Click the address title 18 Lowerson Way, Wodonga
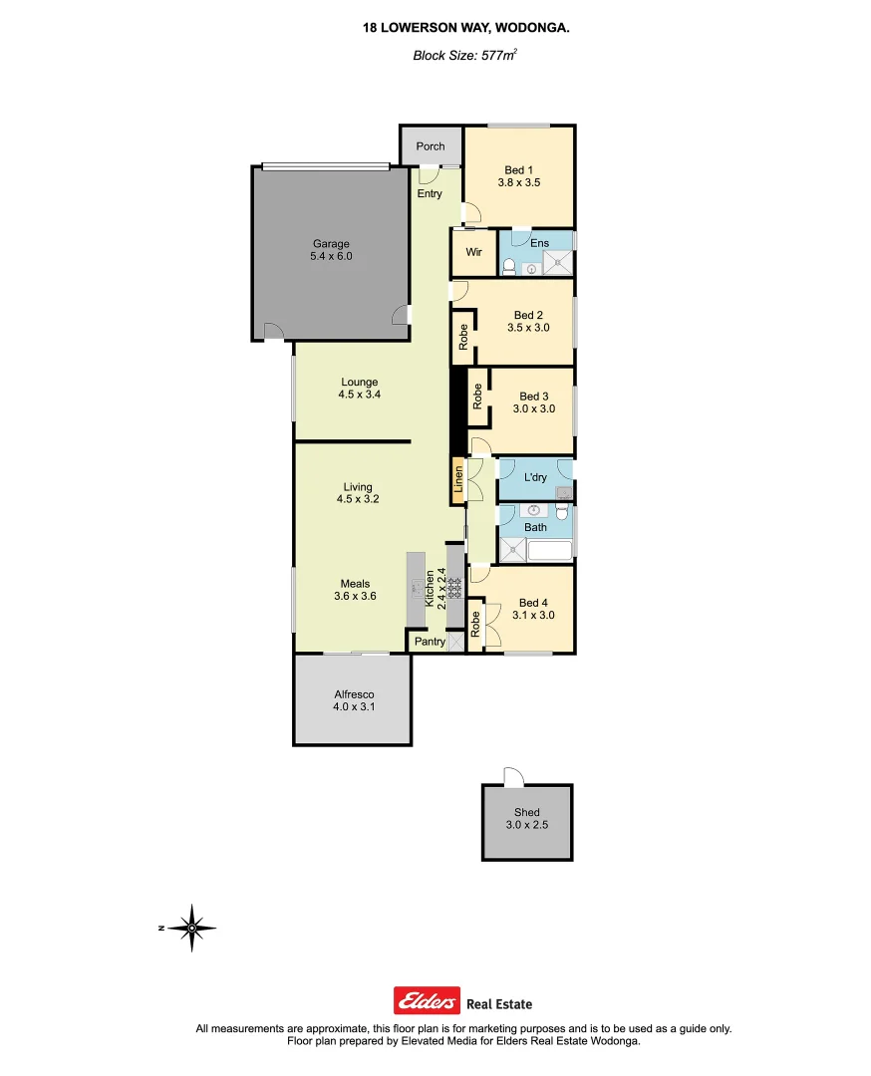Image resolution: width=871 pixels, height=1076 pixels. (x=466, y=30)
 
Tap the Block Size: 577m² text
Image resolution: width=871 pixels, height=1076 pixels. (x=464, y=56)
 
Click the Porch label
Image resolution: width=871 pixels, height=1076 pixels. (x=431, y=146)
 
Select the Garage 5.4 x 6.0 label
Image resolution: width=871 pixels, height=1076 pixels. (x=332, y=250)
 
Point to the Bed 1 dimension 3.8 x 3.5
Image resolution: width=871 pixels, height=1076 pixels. (x=518, y=183)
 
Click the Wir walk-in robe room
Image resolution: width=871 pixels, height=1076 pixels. (x=473, y=252)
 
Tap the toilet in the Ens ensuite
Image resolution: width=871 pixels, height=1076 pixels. (x=509, y=266)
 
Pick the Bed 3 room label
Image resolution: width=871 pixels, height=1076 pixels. (x=534, y=397)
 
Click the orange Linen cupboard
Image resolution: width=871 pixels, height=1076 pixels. (x=458, y=482)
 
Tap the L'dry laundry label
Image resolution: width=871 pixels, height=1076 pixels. (x=535, y=478)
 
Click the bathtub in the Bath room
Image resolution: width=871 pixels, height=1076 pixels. (x=550, y=550)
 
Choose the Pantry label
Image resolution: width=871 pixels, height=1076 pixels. (x=431, y=642)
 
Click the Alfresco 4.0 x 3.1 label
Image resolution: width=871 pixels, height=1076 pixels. (x=353, y=701)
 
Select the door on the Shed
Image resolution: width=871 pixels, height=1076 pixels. (x=512, y=777)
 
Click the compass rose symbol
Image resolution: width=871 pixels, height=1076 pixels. (x=191, y=928)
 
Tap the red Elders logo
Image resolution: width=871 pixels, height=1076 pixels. (x=427, y=1000)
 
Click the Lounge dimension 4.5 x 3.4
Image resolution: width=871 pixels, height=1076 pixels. (x=359, y=395)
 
